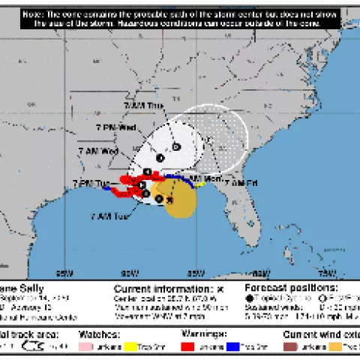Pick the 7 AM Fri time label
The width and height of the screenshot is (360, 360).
241,183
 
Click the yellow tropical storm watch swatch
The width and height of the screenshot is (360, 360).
154,346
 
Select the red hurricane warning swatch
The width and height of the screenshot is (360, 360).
188,346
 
